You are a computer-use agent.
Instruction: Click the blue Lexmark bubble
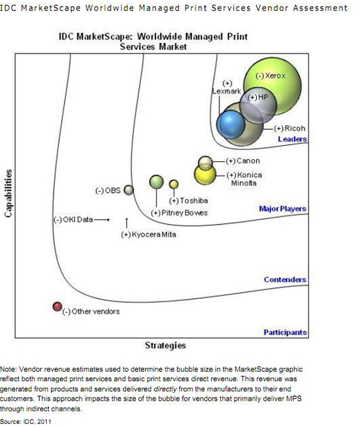pos(231,125)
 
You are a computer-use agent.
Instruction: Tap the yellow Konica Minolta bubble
pos(205,174)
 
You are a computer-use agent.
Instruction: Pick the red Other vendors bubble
pos(58,306)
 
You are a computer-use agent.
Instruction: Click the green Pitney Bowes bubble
pos(157,182)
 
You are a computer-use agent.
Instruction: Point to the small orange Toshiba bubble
pos(174,185)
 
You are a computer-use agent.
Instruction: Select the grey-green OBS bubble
pos(128,190)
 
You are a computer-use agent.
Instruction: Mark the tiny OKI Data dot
pos(108,219)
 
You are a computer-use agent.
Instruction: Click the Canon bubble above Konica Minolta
pos(205,162)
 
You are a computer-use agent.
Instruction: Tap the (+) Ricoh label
pos(290,128)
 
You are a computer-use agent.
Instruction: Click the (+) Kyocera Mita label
pos(149,235)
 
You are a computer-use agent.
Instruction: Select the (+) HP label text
pos(258,97)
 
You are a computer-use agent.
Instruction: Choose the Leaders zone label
pos(292,139)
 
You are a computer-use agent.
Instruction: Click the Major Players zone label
pos(282,209)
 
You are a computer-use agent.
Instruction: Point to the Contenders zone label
pos(285,280)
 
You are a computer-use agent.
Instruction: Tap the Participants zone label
pos(285,332)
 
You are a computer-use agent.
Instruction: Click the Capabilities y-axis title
pos(9,193)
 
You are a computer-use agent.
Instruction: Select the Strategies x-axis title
pos(165,345)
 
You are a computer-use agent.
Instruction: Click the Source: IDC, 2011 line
pos(25,422)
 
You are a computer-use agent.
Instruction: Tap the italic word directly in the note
pos(165,389)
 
